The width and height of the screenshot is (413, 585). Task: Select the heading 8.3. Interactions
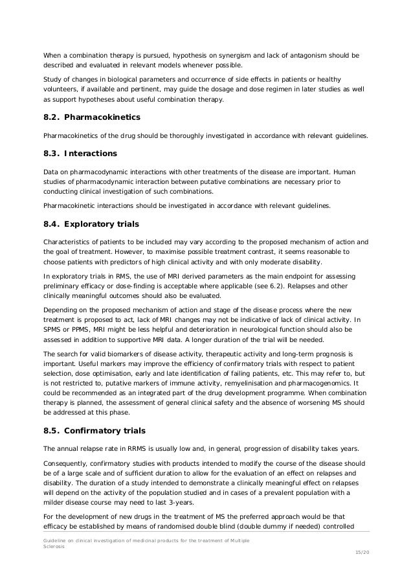point(80,154)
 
